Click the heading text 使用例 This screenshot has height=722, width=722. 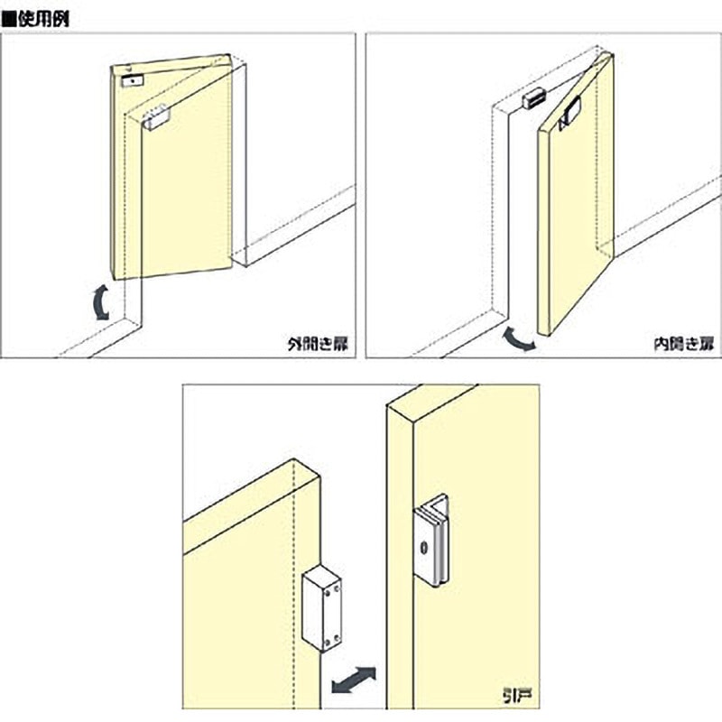tap(43, 20)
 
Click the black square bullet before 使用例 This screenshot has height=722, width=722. tap(9, 20)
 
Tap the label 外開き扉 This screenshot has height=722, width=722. tap(319, 344)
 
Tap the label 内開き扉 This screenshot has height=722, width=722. tap(684, 344)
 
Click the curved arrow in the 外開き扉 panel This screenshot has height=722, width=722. tap(100, 302)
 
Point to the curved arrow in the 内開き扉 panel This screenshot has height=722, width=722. tap(518, 339)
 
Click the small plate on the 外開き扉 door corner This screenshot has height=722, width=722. tap(132, 80)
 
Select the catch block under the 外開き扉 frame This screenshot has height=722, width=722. tap(156, 117)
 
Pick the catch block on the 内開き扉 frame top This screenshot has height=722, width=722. tap(533, 98)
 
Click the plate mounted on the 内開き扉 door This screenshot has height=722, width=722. tap(570, 116)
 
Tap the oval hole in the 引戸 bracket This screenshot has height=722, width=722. tap(423, 548)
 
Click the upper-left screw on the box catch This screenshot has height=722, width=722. tap(328, 594)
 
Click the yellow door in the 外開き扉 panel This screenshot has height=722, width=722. tap(171, 167)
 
